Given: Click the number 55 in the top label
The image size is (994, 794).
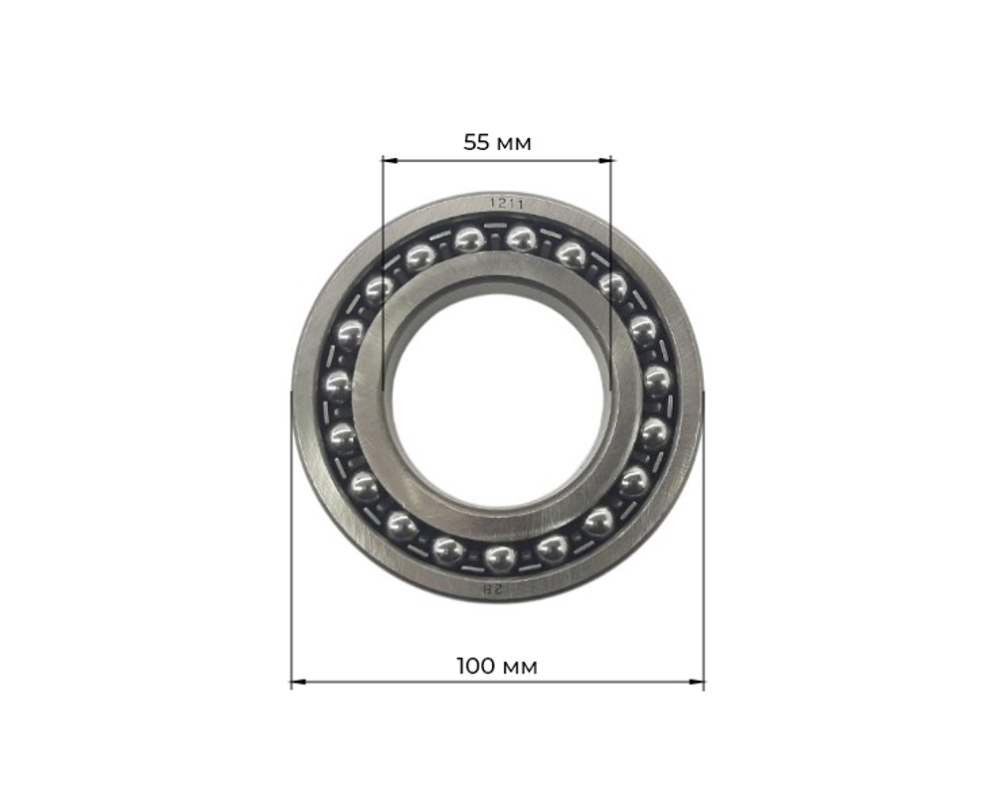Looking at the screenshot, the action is [x=477, y=142].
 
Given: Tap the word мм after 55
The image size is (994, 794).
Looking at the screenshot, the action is [x=514, y=145].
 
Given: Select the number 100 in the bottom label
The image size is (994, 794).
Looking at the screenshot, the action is [x=476, y=666].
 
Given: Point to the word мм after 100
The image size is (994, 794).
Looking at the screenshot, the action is [x=520, y=668].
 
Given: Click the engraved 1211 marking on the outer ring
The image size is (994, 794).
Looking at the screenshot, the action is [x=505, y=204].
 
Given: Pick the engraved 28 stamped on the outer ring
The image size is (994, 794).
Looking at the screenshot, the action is [x=494, y=589].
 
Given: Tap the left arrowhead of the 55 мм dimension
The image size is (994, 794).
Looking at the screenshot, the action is [x=390, y=161].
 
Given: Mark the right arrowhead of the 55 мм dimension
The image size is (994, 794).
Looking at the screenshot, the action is [x=606, y=161].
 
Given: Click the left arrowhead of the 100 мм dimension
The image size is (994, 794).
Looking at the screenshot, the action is [x=298, y=682].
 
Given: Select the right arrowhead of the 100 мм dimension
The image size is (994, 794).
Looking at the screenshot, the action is [x=697, y=682].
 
